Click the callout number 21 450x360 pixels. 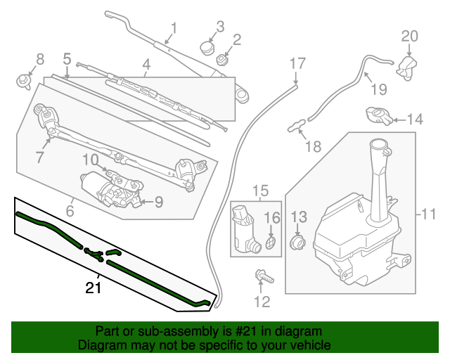point(93,288)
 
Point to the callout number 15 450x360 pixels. point(260,190)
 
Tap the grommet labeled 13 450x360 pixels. point(298,243)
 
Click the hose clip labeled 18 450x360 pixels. point(297,127)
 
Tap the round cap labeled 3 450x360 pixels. point(207,47)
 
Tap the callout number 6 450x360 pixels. point(70,210)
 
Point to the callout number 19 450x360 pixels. point(378,89)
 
